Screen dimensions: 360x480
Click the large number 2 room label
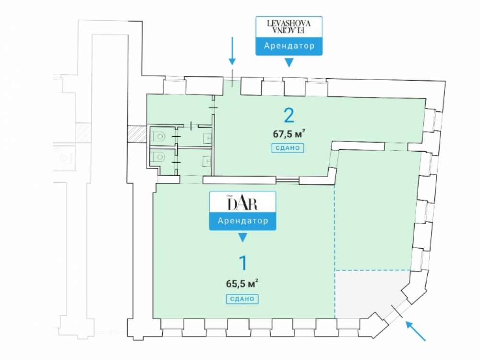[x=288, y=116]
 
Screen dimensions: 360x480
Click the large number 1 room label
[x=243, y=263]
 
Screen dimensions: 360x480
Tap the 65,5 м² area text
[x=242, y=283]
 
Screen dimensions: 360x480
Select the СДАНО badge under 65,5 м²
[x=242, y=299]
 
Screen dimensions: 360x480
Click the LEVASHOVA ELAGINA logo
[x=288, y=27]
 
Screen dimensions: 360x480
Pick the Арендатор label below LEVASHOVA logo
[x=288, y=46]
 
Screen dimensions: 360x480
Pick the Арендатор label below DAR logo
[x=242, y=221]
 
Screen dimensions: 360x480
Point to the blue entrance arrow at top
[x=232, y=50]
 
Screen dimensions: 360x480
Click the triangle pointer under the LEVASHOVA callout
[x=288, y=63]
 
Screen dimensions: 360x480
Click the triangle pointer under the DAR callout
[x=243, y=238]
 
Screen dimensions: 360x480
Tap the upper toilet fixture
[x=158, y=136]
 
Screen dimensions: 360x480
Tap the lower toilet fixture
[x=158, y=156]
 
